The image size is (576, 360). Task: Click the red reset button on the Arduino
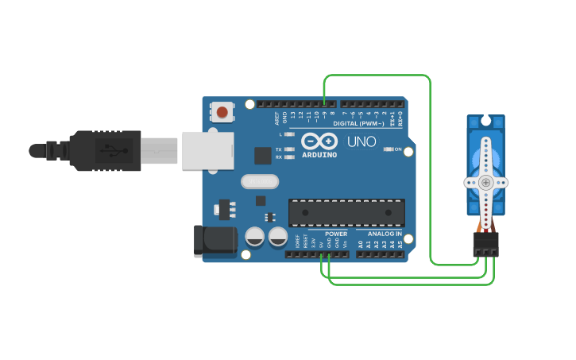tap(221, 112)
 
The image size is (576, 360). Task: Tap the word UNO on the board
tap(361, 141)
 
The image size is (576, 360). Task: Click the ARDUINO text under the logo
tap(319, 154)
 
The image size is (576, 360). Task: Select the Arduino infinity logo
tap(319, 141)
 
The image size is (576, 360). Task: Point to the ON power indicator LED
tap(389, 149)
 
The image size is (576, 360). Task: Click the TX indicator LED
tap(289, 149)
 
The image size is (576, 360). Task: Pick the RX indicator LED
tap(289, 157)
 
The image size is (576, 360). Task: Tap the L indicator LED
tap(289, 134)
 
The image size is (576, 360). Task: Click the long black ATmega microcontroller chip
tap(346, 212)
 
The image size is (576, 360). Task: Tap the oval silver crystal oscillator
tap(260, 183)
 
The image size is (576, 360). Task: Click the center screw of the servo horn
tap(485, 183)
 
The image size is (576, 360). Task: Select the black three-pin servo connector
tap(485, 246)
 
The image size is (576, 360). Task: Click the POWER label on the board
tap(336, 234)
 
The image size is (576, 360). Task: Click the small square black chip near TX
tap(263, 156)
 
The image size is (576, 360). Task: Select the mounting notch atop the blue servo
tap(485, 122)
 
